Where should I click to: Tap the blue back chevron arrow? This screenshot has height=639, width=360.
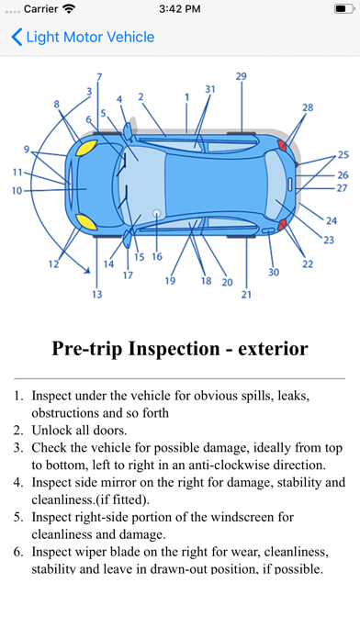tap(17, 37)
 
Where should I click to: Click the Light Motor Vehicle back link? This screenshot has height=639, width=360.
tap(90, 37)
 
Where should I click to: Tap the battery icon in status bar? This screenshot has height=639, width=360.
tap(344, 9)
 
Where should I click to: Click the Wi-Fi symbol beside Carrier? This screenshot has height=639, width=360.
tap(69, 9)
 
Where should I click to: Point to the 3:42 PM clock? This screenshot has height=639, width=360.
tap(180, 9)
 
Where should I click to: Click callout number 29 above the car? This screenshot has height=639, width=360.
tap(242, 76)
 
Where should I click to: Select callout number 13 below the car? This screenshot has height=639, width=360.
tap(97, 294)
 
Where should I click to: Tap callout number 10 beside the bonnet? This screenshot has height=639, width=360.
tap(17, 190)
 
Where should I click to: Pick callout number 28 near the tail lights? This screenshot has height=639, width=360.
tap(308, 107)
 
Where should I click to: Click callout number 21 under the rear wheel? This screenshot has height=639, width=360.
tap(246, 294)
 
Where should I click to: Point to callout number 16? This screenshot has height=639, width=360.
tap(157, 256)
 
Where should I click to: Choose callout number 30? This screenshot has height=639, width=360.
tap(274, 273)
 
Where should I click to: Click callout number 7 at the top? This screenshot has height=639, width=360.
tap(99, 76)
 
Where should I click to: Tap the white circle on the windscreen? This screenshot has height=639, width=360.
tap(156, 213)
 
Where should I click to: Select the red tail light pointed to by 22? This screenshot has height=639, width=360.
tap(282, 225)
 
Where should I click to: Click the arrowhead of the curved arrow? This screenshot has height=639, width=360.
tap(87, 270)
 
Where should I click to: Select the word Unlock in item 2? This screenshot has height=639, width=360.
tap(51, 431)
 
